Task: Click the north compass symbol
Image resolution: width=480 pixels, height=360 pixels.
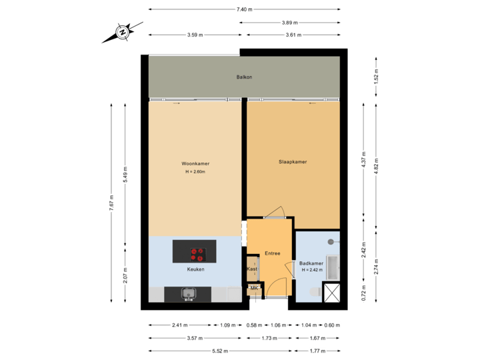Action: point(122,32)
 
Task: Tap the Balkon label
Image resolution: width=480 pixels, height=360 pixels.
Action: point(244,77)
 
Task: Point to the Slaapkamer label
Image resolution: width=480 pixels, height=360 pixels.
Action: point(293,161)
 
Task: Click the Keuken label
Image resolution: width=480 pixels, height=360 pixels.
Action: point(195,269)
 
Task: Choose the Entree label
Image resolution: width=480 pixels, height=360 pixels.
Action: point(272,253)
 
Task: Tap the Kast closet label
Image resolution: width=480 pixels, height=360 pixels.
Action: point(252,269)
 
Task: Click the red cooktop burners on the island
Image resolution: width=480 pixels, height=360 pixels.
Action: point(197,254)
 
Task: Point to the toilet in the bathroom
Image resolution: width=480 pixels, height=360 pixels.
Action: point(314,292)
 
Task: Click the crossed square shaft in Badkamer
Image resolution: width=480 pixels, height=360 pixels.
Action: point(331,291)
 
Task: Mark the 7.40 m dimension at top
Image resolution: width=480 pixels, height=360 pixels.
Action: point(244,9)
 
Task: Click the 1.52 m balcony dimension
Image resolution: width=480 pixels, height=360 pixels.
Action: point(377,78)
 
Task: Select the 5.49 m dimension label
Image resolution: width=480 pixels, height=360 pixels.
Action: point(125,175)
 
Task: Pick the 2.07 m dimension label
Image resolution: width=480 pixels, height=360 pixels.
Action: point(125,273)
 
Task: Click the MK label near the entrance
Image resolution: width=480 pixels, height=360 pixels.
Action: point(253,289)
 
